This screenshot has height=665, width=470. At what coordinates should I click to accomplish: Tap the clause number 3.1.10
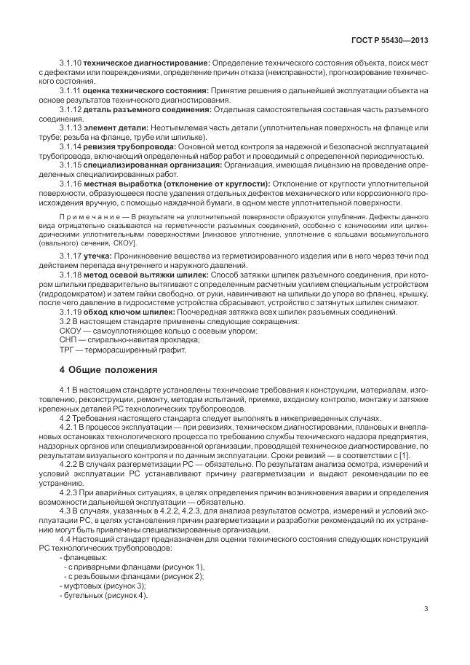pyautogui.click(x=71, y=63)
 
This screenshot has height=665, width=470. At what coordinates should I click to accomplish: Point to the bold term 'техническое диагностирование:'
pyautogui.click(x=147, y=63)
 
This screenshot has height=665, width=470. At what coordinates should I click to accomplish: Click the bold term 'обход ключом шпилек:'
pyautogui.click(x=129, y=312)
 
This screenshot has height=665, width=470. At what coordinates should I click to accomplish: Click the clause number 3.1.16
pyautogui.click(x=71, y=184)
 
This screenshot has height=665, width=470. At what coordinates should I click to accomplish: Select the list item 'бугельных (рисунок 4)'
pyautogui.click(x=105, y=594)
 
